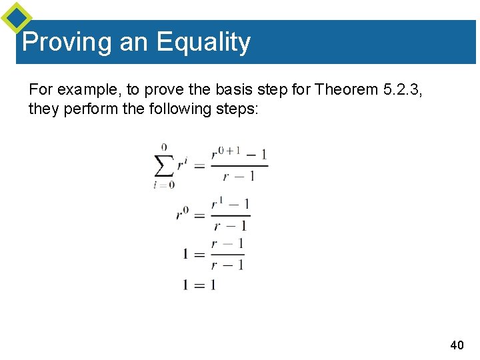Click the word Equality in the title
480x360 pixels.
pos(203,42)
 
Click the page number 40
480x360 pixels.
pos(457,345)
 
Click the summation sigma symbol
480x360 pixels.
pos(164,165)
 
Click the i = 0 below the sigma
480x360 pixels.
pos(164,185)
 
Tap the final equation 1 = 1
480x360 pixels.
pos(199,285)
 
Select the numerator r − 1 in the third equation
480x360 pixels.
pos(227,244)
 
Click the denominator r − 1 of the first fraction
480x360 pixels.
pos(239,177)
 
